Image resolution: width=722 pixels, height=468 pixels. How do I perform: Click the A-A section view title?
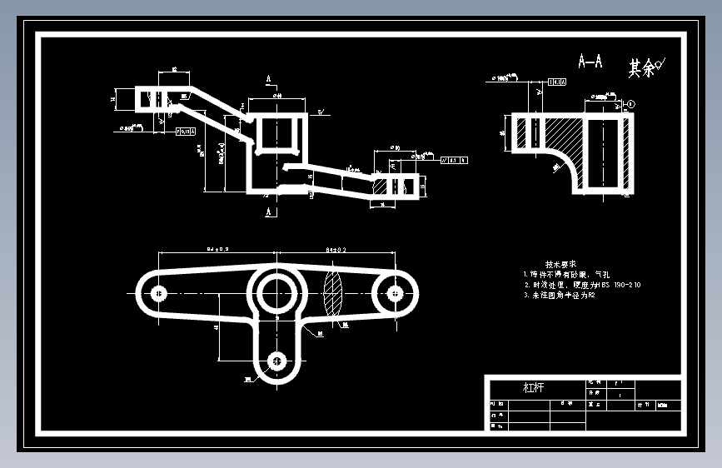pyautogui.click(x=590, y=61)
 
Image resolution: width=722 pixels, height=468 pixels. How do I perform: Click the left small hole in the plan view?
pyautogui.click(x=157, y=293)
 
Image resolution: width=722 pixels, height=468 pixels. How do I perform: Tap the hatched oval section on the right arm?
pyautogui.click(x=332, y=293)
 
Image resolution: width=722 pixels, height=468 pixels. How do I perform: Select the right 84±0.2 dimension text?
pyautogui.click(x=336, y=248)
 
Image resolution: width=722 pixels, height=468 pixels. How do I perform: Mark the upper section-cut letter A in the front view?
pyautogui.click(x=269, y=80)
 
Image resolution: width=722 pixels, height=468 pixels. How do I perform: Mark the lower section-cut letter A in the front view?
pyautogui.click(x=269, y=213)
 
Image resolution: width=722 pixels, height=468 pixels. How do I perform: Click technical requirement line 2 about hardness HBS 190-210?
pyautogui.click(x=582, y=285)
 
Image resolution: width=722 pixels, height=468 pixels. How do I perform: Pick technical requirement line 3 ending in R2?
pyautogui.click(x=560, y=296)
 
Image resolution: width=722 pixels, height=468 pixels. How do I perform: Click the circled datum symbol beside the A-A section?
pyautogui.click(x=630, y=104)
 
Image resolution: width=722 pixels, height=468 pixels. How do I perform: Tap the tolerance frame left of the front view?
pyautogui.click(x=185, y=132)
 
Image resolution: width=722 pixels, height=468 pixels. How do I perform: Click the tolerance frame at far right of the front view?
pyautogui.click(x=455, y=160)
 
